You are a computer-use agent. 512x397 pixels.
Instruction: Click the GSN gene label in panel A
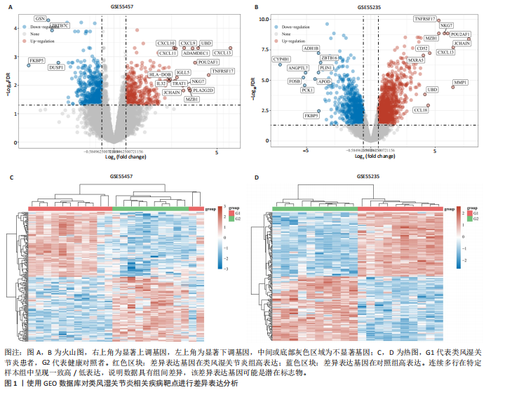point(41,18)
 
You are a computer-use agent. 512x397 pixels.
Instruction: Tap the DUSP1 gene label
point(57,68)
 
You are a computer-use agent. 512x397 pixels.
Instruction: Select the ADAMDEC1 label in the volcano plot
point(196,53)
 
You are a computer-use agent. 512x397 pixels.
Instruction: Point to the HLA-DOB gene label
point(160,74)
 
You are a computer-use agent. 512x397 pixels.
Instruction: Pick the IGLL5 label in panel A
point(184,72)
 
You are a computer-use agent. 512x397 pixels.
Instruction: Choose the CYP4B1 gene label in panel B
point(281,59)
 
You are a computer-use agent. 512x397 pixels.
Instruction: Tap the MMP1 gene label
point(461,83)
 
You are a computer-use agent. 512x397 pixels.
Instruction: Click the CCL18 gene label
point(421,110)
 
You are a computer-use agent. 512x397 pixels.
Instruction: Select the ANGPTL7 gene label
point(298,68)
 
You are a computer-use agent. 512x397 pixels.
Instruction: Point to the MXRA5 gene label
point(416,60)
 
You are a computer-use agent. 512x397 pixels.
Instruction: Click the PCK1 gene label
point(307,90)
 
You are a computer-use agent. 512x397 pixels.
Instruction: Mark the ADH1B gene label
point(311,48)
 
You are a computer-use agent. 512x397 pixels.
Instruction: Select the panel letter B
point(256,8)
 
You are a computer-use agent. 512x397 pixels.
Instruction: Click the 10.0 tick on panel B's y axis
point(264,20)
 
